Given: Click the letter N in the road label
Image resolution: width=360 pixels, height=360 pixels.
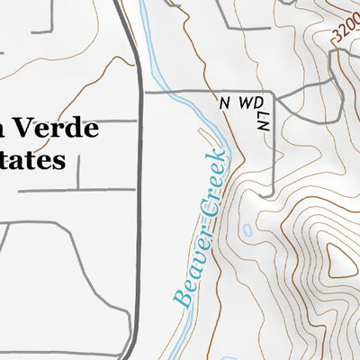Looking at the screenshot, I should tap(224, 103).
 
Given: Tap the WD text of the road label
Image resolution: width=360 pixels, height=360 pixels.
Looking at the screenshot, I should tap(247, 103).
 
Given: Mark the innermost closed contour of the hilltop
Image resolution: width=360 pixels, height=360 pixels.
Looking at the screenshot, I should tap(340, 262).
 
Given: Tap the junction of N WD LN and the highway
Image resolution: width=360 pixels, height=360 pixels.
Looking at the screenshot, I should tap(143, 92).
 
